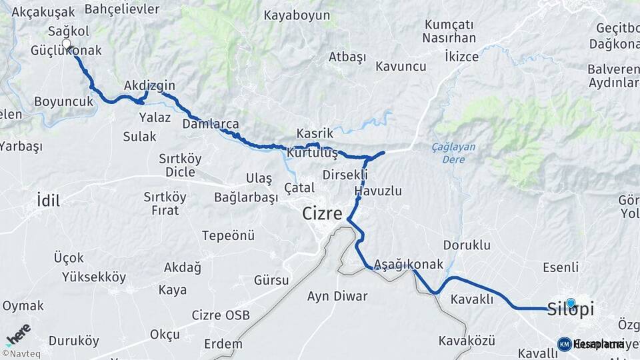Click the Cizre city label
[322, 214]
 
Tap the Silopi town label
[570, 309]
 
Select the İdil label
[49, 199]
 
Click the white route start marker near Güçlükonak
[66, 44]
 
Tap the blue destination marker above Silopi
[570, 303]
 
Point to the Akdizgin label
[149, 85]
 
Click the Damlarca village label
[210, 124]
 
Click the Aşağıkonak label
[409, 264]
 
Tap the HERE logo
[19, 334]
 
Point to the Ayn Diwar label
[337, 296]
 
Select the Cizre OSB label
[220, 315]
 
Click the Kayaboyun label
[297, 15]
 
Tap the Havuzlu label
[378, 191]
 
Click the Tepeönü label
[229, 235]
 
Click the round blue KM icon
[564, 344]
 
